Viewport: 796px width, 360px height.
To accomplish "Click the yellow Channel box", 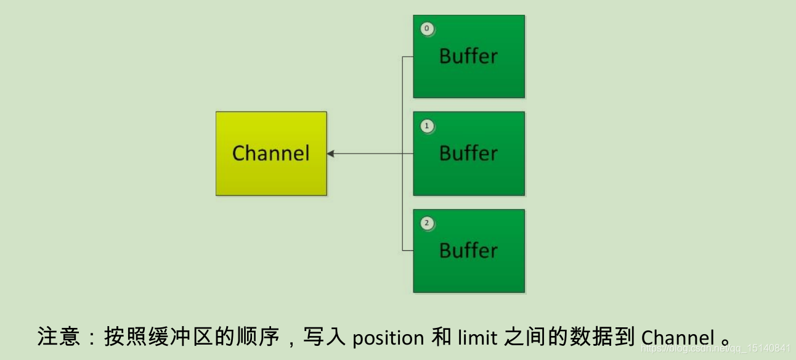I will pos(271,153).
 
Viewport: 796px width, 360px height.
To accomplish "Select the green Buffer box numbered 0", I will pos(469,56).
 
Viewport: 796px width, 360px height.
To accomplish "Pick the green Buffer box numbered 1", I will pos(469,153).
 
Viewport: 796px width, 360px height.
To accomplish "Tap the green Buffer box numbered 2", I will pos(469,250).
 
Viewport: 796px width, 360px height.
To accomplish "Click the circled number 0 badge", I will pos(427,28).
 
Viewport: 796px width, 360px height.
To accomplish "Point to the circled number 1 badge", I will pos(427,126).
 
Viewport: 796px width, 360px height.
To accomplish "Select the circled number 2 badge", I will pos(427,223).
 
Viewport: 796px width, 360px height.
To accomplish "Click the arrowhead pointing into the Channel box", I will pos(331,153).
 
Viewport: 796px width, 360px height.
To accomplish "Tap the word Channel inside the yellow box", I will pos(271,153).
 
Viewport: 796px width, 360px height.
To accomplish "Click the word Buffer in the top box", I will pos(468,56).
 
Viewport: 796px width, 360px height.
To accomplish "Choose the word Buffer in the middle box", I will pos(468,153).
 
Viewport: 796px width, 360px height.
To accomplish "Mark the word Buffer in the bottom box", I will pos(468,250).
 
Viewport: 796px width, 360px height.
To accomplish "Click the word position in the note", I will pos(388,338).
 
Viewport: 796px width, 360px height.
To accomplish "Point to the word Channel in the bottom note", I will pos(677,338).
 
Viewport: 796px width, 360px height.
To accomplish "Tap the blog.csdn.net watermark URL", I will pos(715,349).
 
